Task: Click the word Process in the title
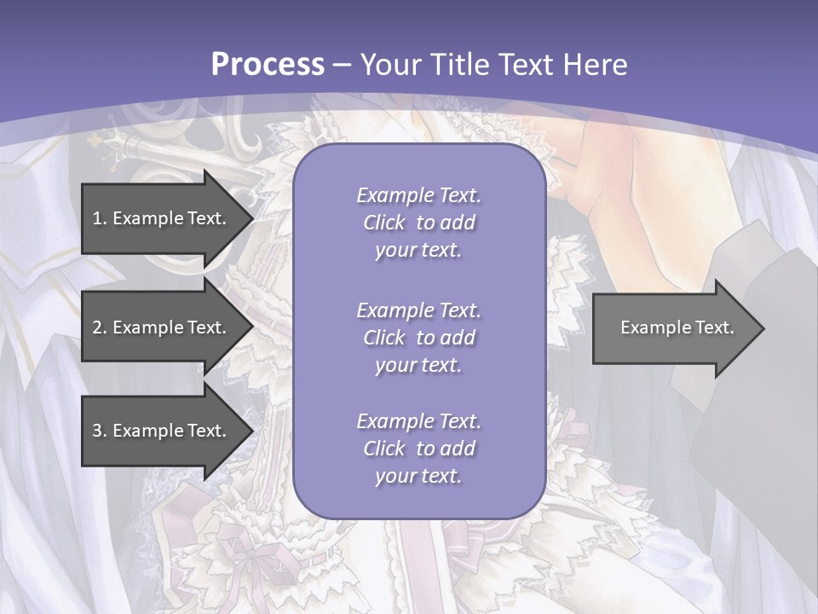pos(268,65)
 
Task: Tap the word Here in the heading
pos(595,65)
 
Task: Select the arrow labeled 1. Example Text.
pos(162,218)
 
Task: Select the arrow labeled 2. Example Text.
pos(162,327)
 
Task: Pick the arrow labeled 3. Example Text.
pos(162,431)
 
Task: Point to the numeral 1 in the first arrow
pos(97,218)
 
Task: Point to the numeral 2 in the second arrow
pos(97,327)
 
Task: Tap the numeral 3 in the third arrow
pos(97,431)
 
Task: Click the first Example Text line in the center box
pos(418,195)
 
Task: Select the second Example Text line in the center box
pos(418,310)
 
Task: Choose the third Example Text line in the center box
pos(418,421)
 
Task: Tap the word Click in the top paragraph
pos(384,223)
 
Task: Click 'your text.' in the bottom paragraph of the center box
pos(418,477)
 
